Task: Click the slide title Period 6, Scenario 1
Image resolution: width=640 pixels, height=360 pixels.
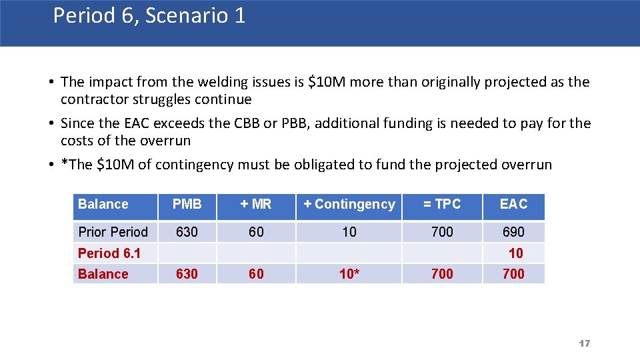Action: point(149,15)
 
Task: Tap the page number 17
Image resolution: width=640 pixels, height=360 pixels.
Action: point(585,343)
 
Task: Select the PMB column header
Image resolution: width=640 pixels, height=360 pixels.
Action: point(187,205)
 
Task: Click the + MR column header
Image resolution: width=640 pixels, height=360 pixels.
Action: point(256,205)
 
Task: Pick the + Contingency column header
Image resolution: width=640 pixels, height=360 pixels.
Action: point(349,205)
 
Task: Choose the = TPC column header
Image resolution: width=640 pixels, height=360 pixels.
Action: point(442,205)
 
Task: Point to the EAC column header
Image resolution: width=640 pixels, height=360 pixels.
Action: point(513,205)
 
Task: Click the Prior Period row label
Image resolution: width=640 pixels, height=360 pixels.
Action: point(113,232)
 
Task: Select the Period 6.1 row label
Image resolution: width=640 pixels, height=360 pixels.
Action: point(109,253)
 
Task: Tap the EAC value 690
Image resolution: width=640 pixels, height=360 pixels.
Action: point(513,232)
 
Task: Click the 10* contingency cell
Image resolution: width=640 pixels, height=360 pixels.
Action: point(349,274)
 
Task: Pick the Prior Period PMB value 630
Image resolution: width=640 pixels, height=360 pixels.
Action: point(187,232)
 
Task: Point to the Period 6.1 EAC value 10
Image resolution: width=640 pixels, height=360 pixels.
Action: point(516,253)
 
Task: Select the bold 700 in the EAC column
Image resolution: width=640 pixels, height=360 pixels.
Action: point(513,274)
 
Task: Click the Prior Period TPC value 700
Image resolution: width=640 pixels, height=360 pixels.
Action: point(442,232)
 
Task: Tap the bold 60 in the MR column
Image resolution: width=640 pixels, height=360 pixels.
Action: point(256,274)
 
